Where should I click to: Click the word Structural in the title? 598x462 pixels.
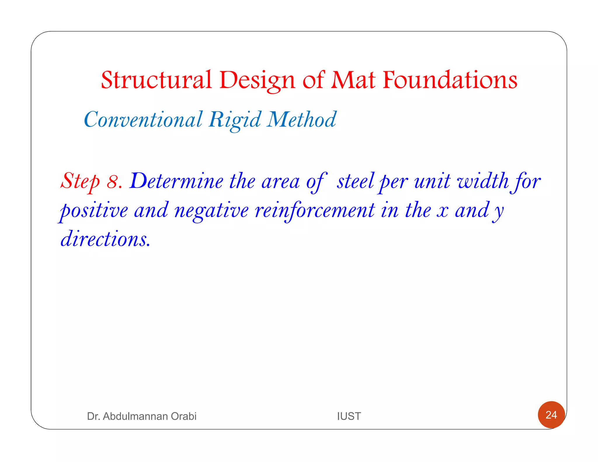(x=156, y=80)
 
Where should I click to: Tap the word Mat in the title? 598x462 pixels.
(x=353, y=80)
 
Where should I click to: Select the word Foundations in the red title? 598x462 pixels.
(x=450, y=80)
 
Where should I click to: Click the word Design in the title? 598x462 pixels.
(x=257, y=81)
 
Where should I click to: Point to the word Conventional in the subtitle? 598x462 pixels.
(x=143, y=120)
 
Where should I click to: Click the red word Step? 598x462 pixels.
(x=80, y=181)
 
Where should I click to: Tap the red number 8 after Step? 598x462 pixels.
(x=112, y=181)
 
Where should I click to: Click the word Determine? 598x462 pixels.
(x=177, y=181)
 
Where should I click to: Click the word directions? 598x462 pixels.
(x=105, y=239)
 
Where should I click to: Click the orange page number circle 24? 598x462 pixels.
(x=551, y=415)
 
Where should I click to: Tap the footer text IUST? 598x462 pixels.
(x=349, y=416)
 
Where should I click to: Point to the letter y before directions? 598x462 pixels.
(x=498, y=211)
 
